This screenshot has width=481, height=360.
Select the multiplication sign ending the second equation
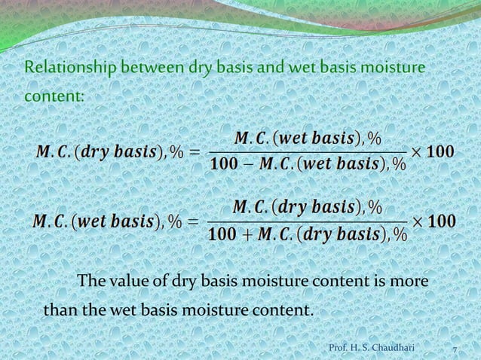[419, 223]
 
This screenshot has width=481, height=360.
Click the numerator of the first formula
[308, 139]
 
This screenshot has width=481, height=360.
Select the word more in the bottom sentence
[410, 282]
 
